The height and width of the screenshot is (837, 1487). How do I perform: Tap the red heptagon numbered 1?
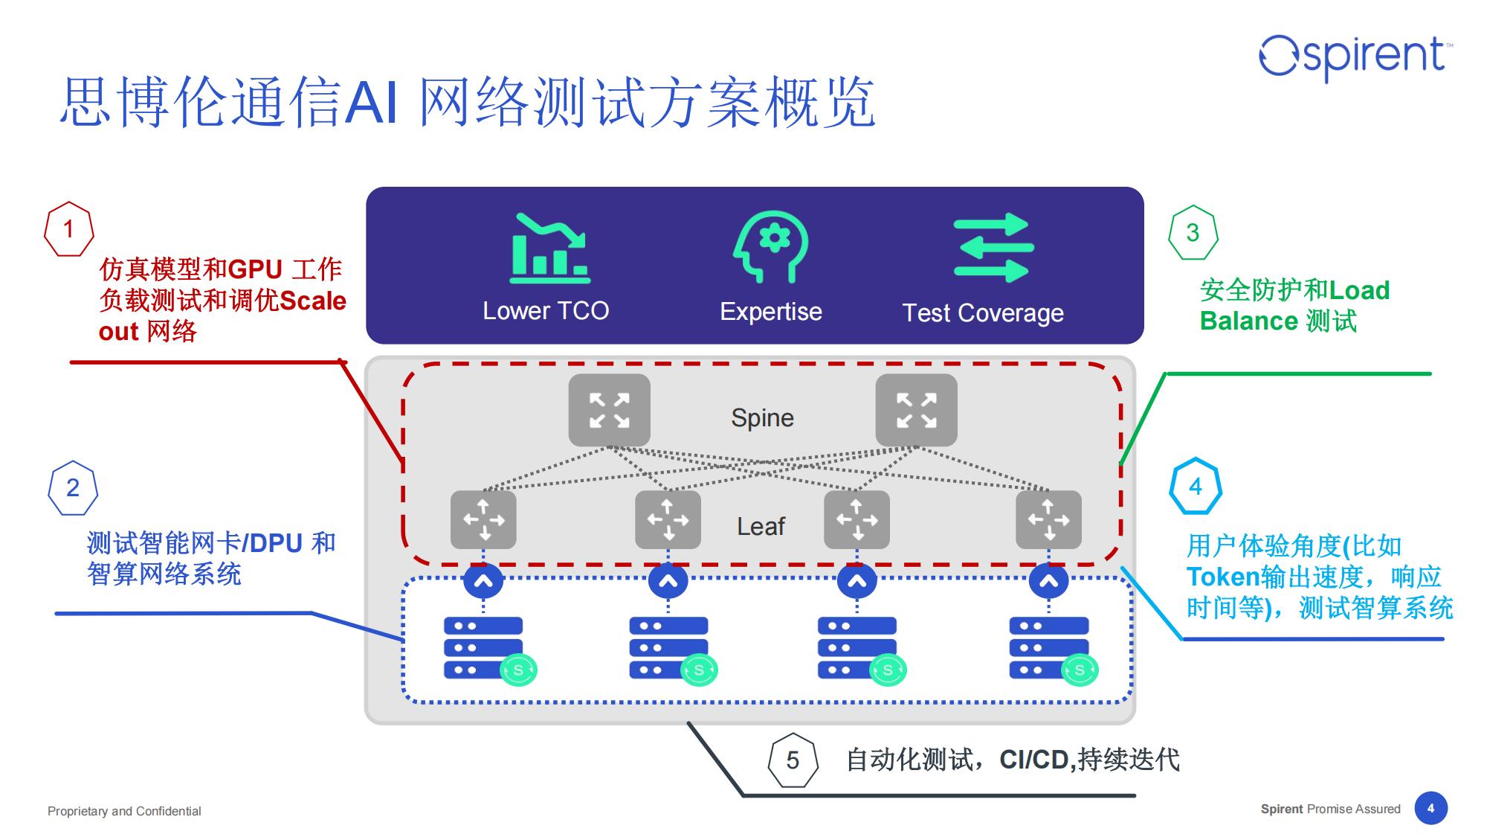tap(69, 229)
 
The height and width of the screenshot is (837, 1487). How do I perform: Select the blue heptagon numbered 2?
tap(73, 488)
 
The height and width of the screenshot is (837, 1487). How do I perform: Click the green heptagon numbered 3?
tap(1193, 233)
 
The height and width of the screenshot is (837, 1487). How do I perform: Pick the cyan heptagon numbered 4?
tap(1195, 487)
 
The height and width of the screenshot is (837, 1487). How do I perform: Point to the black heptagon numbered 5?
tap(793, 760)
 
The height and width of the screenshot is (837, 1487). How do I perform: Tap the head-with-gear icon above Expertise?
tap(771, 246)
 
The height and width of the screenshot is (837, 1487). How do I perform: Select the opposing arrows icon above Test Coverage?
tap(993, 248)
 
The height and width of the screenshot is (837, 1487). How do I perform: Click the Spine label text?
tap(762, 418)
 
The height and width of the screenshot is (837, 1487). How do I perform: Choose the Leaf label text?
tap(761, 527)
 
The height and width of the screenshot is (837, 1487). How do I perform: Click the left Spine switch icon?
tap(609, 411)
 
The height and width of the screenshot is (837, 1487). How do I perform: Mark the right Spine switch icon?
tap(916, 411)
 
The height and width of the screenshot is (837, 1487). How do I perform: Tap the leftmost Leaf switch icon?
tap(483, 519)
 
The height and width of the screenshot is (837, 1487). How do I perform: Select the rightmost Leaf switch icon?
tap(1048, 519)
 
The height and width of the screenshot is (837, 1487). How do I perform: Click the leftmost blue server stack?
tap(484, 647)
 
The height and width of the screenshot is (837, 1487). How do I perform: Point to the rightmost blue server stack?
tap(1048, 647)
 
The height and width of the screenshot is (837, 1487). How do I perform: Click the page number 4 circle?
tap(1430, 809)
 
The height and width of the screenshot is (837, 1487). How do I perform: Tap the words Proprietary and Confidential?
tap(124, 811)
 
